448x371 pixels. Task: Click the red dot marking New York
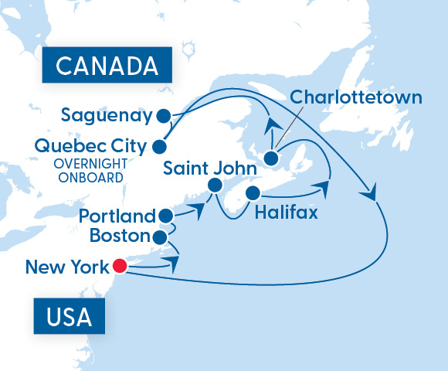point(119,267)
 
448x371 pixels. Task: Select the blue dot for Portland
point(164,216)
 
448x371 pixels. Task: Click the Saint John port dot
point(216,185)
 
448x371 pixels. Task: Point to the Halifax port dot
point(253,192)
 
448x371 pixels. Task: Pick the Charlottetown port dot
point(271,158)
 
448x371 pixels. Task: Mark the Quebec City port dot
point(160,145)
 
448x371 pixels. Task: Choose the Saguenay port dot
point(163,117)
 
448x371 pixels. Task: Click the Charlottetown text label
point(356,98)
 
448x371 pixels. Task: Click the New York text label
point(66,267)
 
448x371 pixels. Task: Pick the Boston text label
point(120,235)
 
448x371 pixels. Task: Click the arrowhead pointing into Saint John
point(199,207)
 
